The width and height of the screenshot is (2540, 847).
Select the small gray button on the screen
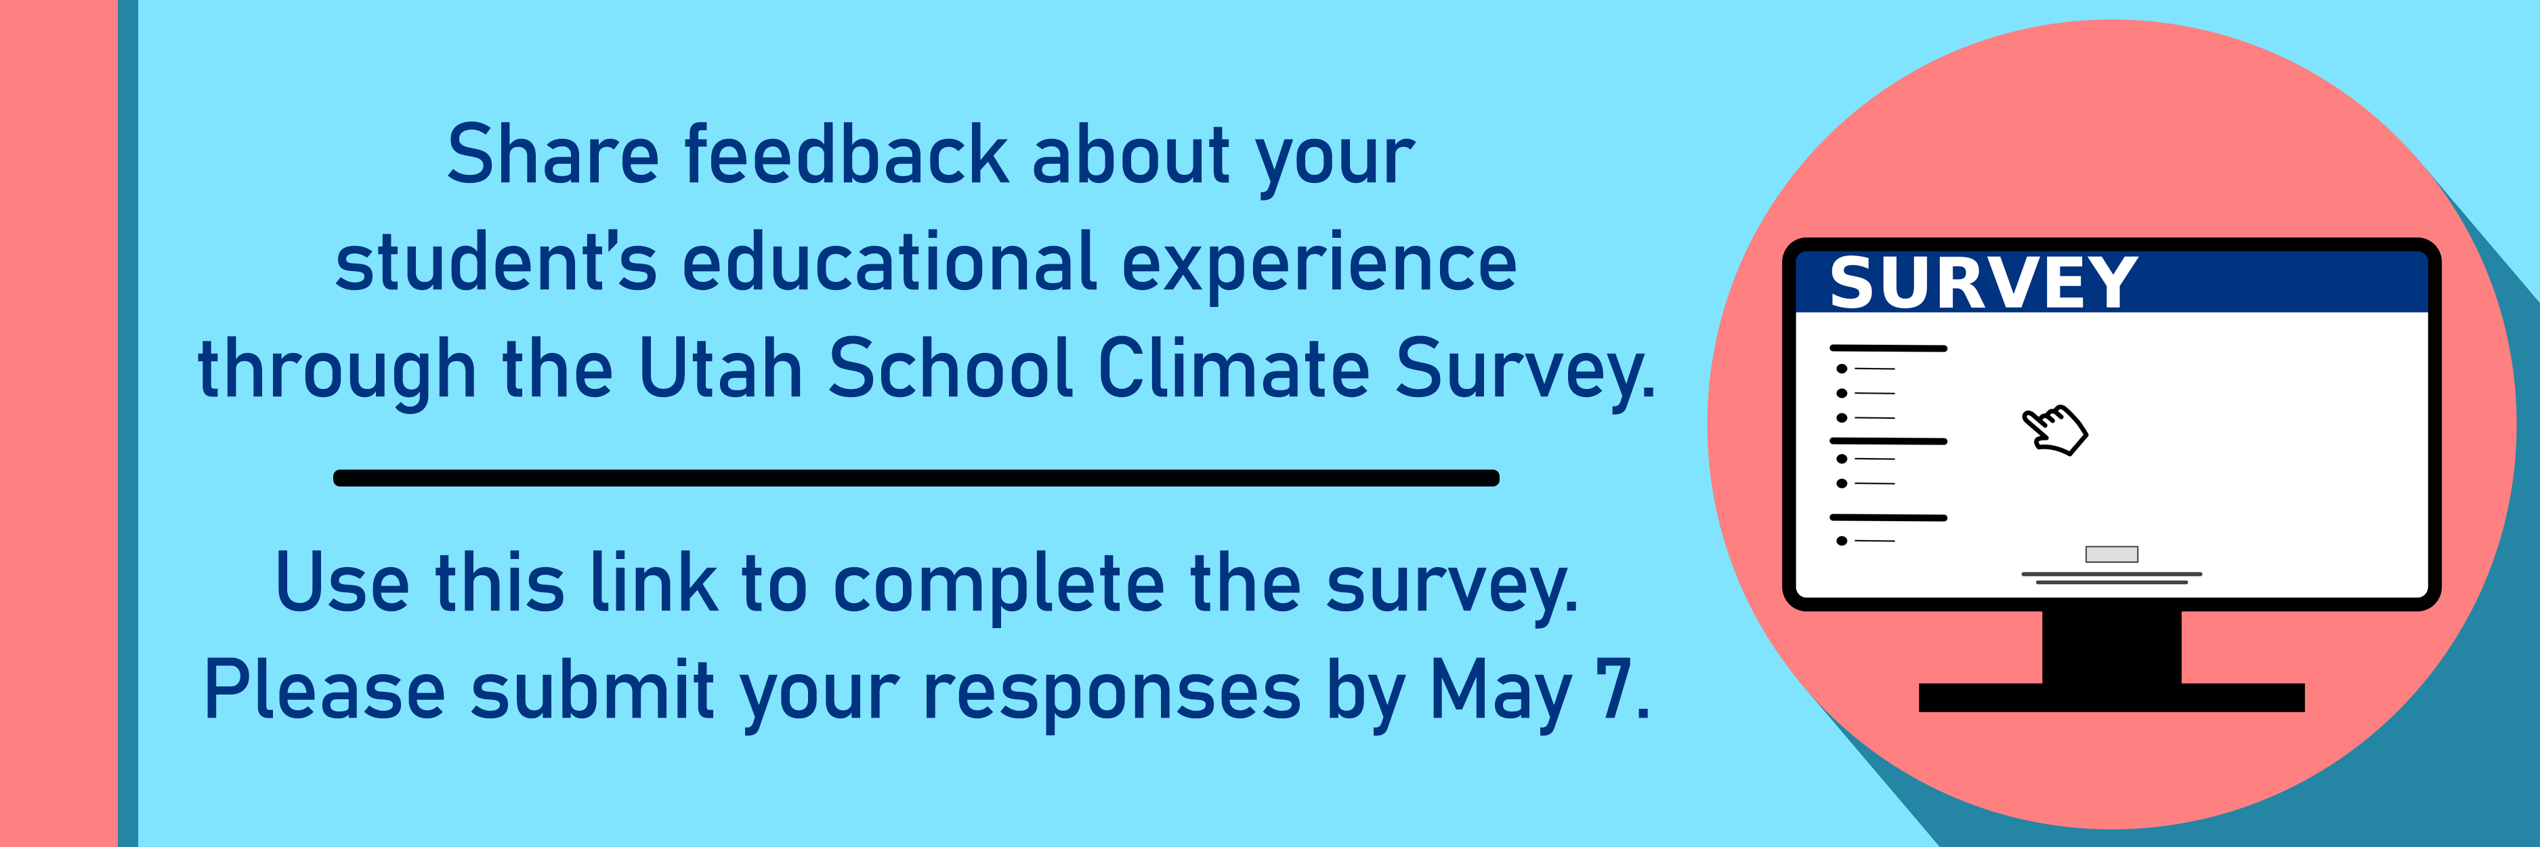coord(2111,554)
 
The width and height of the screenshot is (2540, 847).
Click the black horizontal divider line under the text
coord(916,478)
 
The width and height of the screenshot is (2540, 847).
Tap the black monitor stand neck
coord(2111,647)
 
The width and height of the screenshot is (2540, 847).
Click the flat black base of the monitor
coord(2111,697)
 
